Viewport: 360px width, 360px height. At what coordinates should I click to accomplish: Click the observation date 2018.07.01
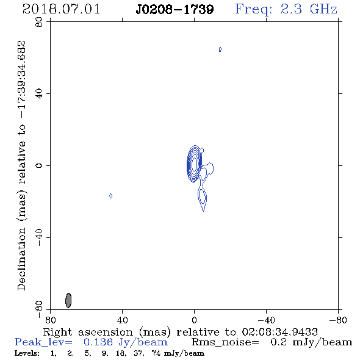tap(61, 9)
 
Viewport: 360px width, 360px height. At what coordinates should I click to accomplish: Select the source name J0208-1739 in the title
tap(175, 9)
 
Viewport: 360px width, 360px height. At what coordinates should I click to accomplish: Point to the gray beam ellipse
tap(68, 300)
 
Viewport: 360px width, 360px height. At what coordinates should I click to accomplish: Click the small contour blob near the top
tap(220, 49)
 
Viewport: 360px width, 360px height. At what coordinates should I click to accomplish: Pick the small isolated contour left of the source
tap(111, 196)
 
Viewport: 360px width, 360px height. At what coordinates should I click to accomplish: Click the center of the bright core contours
tap(194, 164)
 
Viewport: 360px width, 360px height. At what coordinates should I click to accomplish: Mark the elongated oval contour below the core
tap(202, 196)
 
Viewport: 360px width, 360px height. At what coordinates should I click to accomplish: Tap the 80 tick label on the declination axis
tap(39, 22)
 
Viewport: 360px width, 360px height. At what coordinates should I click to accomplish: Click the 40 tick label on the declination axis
tap(39, 94)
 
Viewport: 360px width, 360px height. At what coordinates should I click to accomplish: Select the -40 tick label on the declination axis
tap(39, 237)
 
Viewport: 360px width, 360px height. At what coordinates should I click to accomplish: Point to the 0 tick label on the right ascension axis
tap(194, 320)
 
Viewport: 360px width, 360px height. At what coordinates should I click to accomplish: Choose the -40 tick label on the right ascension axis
tap(266, 320)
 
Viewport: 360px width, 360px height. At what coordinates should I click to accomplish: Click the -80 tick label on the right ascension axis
tap(338, 320)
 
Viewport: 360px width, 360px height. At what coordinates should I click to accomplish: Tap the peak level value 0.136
tap(98, 342)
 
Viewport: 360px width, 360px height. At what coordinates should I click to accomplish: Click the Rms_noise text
tap(225, 342)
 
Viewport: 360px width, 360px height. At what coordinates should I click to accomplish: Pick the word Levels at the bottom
tap(27, 353)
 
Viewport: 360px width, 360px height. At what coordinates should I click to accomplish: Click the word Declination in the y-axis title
tap(21, 259)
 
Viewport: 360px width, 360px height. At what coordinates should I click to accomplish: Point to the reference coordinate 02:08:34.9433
tap(280, 332)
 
